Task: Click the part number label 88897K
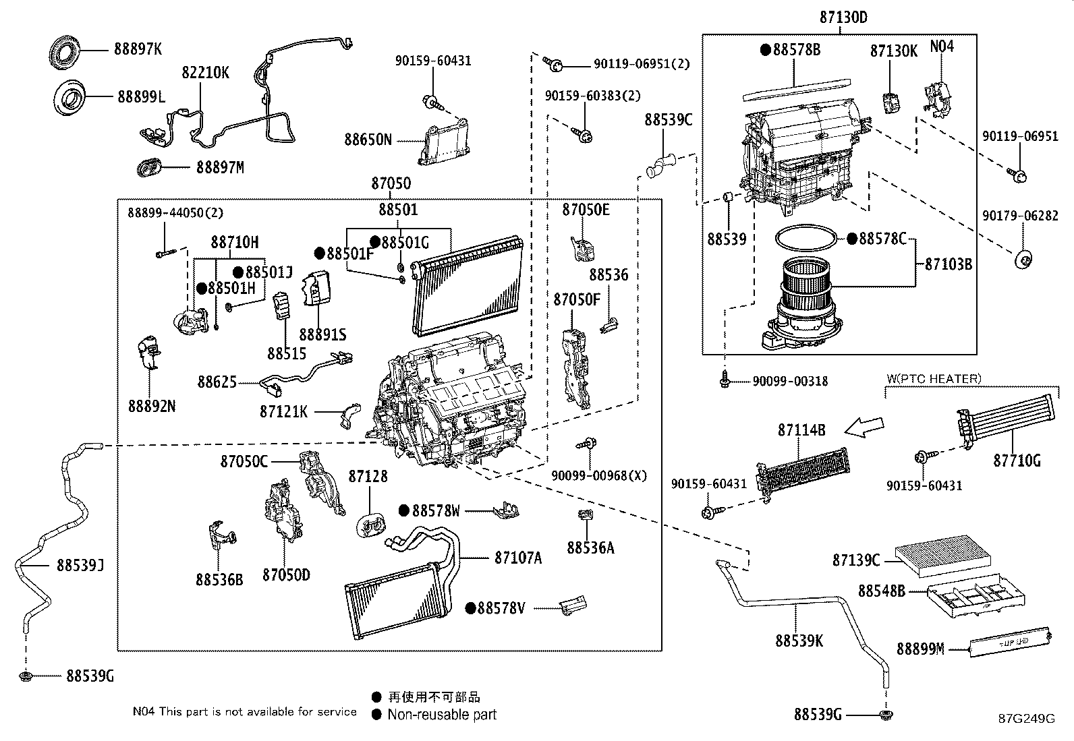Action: [138, 49]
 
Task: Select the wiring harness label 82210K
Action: [205, 73]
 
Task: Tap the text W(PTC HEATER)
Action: [934, 379]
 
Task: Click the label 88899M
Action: [920, 649]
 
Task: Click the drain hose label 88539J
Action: [80, 564]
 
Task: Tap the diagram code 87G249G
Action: [1026, 718]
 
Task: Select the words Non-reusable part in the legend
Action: [442, 715]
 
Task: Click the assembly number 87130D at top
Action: [843, 18]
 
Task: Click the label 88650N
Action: [368, 140]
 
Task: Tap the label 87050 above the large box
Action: [391, 183]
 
